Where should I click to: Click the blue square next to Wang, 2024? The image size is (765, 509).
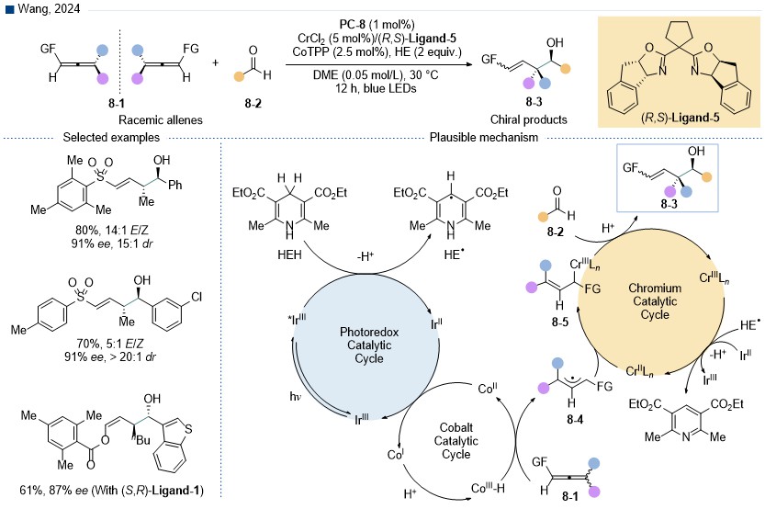(x=9, y=9)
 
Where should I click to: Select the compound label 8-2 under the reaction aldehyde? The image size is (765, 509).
(x=253, y=104)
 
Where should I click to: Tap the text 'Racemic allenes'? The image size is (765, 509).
(x=161, y=120)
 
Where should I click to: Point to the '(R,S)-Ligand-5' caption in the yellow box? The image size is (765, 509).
(x=681, y=118)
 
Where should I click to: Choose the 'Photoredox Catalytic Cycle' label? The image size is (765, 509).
(x=369, y=345)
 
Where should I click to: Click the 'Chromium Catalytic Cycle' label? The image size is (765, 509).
(x=655, y=301)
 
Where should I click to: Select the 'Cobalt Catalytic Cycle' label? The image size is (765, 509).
(x=456, y=441)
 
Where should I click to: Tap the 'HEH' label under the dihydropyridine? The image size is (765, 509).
(x=290, y=254)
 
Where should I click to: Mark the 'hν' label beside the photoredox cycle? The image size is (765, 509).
(x=296, y=396)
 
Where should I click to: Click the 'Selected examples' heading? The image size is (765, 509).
(x=111, y=138)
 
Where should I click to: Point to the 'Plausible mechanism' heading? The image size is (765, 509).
(x=484, y=138)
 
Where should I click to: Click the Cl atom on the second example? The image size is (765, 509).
(x=197, y=297)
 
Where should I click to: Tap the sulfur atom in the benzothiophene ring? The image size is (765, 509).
(x=188, y=429)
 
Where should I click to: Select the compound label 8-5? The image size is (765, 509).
(x=559, y=322)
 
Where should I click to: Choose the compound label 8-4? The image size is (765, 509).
(x=575, y=419)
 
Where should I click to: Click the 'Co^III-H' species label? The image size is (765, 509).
(x=488, y=488)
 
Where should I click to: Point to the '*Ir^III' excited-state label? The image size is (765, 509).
(x=298, y=320)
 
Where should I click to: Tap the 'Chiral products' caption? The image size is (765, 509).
(x=529, y=119)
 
